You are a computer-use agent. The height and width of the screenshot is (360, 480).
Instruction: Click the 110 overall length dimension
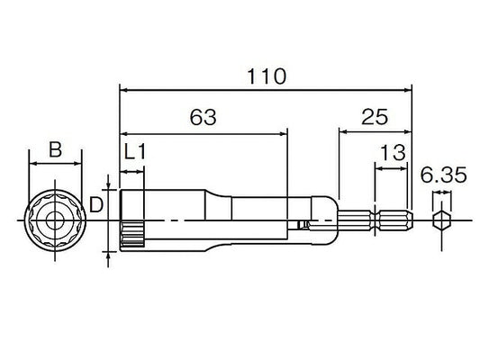coord(267,76)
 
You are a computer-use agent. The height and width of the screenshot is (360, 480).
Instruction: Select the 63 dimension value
coord(203,117)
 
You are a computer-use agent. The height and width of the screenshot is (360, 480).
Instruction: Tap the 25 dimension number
coord(375,117)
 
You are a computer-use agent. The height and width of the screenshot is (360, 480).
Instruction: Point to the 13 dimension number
coord(393,153)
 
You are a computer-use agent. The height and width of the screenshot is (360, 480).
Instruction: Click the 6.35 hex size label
coord(444,175)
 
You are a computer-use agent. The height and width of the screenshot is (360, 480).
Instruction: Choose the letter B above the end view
coord(56,149)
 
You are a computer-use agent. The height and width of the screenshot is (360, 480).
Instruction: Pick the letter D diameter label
coord(96,204)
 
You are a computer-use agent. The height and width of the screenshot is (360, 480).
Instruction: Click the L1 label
coord(135,152)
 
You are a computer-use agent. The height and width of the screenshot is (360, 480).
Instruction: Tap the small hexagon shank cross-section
coord(441,220)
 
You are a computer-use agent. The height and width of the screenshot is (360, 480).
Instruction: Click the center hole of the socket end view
coord(55,220)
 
